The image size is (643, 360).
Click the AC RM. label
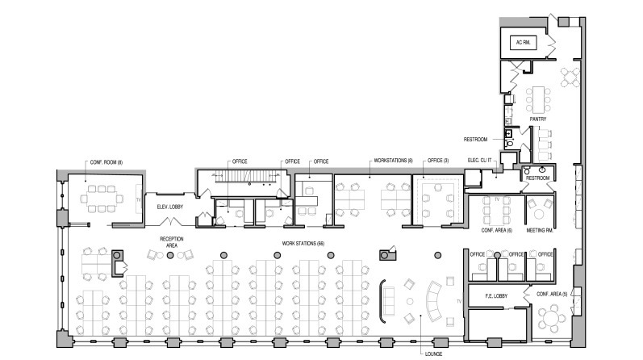coord(520,42)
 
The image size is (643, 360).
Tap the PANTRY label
coord(538,119)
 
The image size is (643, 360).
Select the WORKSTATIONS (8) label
coord(393,161)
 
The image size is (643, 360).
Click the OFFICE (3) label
coord(438,161)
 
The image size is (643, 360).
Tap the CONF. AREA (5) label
coord(553,295)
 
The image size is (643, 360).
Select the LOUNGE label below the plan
coord(432,353)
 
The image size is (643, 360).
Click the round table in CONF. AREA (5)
coord(552,318)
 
